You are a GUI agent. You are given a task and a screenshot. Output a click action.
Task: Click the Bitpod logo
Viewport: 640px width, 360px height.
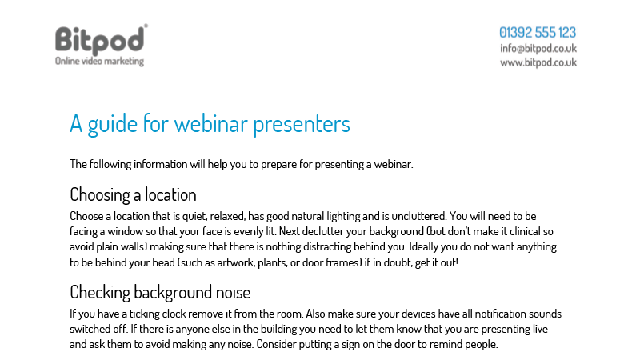pyautogui.click(x=99, y=41)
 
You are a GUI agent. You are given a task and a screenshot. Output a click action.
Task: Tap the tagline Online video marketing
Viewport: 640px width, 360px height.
pyautogui.click(x=99, y=62)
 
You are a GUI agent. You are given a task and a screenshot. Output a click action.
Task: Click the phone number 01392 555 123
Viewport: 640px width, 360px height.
pyautogui.click(x=538, y=33)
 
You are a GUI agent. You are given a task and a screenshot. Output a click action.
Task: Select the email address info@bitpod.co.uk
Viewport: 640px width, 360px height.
pyautogui.click(x=538, y=49)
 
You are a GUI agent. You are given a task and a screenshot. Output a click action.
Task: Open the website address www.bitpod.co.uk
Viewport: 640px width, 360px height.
pyautogui.click(x=538, y=62)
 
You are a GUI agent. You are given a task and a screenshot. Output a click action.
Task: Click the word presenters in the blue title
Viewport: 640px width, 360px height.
pyautogui.click(x=302, y=125)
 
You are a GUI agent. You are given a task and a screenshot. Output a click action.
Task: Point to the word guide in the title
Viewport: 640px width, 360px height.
pyautogui.click(x=112, y=125)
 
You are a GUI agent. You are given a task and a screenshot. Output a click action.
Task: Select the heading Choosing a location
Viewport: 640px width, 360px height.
pyautogui.click(x=133, y=195)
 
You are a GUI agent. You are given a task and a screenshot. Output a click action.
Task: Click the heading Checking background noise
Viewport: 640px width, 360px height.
pyautogui.click(x=160, y=293)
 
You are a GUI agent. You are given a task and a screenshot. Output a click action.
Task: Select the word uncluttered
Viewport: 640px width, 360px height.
pyautogui.click(x=418, y=216)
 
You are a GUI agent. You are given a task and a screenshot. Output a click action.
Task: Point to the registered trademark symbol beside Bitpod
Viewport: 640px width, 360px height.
pyautogui.click(x=146, y=26)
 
